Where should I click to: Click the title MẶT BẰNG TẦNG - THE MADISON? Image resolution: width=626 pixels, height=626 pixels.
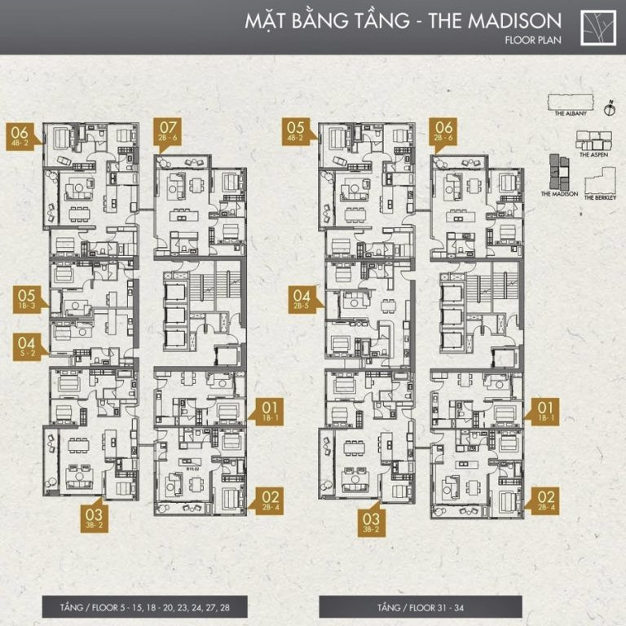tap(403, 20)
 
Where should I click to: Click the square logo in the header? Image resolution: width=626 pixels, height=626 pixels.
tap(598, 27)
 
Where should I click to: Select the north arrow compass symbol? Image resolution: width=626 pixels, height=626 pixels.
tap(608, 106)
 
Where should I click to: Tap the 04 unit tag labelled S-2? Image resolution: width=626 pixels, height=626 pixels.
tap(27, 346)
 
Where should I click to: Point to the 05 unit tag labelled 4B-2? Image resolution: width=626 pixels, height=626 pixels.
tap(296, 131)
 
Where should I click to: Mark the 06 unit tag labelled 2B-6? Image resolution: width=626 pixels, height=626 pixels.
tap(444, 130)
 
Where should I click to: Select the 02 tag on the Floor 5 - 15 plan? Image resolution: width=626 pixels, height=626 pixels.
tap(271, 499)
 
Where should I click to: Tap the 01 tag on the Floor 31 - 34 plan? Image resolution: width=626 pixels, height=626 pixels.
tap(545, 412)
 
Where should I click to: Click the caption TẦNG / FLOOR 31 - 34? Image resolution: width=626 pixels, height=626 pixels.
tap(420, 606)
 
